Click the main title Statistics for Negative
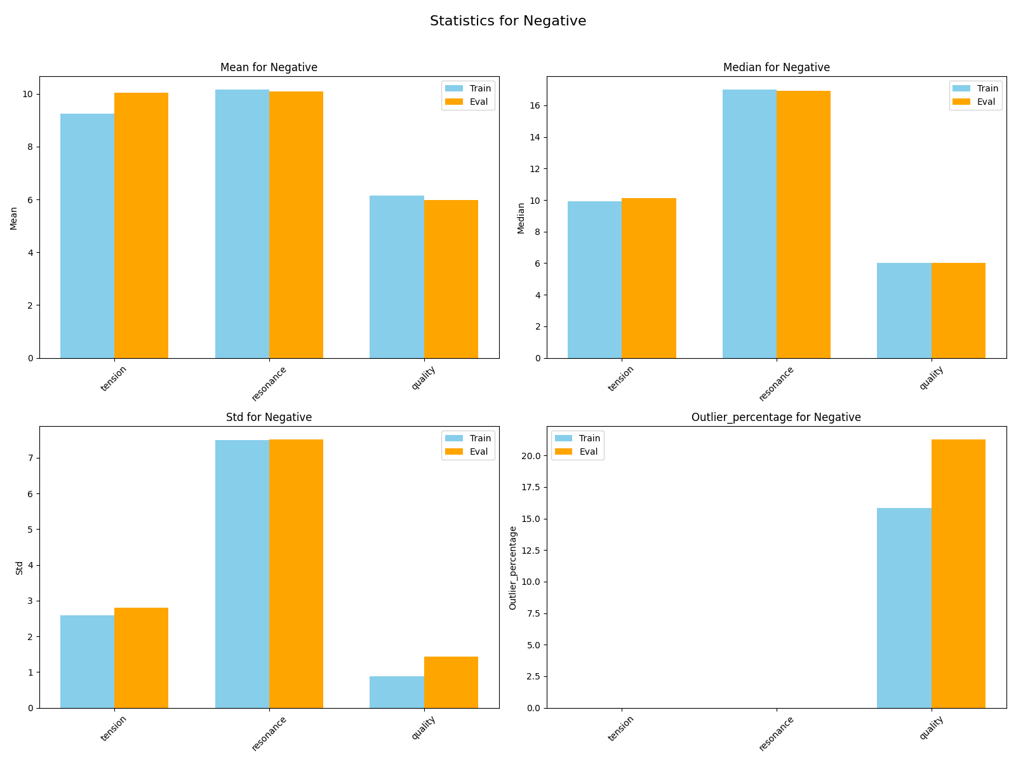tap(508, 21)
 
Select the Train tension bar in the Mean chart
tap(87, 236)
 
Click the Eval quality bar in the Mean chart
tap(451, 279)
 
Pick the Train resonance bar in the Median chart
tap(749, 224)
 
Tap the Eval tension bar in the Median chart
tap(649, 278)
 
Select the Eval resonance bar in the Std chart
tap(296, 573)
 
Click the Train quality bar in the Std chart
tap(396, 692)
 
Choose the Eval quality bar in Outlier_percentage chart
tap(958, 573)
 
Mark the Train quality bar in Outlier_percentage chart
tap(904, 608)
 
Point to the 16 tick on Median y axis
tap(535, 105)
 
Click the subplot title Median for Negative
tap(776, 67)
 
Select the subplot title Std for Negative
tap(269, 417)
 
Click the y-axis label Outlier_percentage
tap(513, 568)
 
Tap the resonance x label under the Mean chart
tap(269, 384)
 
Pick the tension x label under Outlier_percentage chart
tap(621, 728)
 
